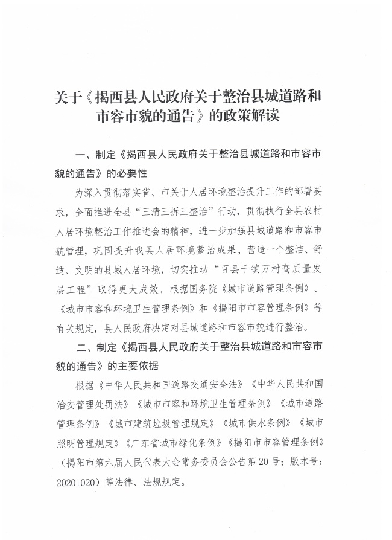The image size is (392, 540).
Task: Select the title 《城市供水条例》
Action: (x=256, y=423)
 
